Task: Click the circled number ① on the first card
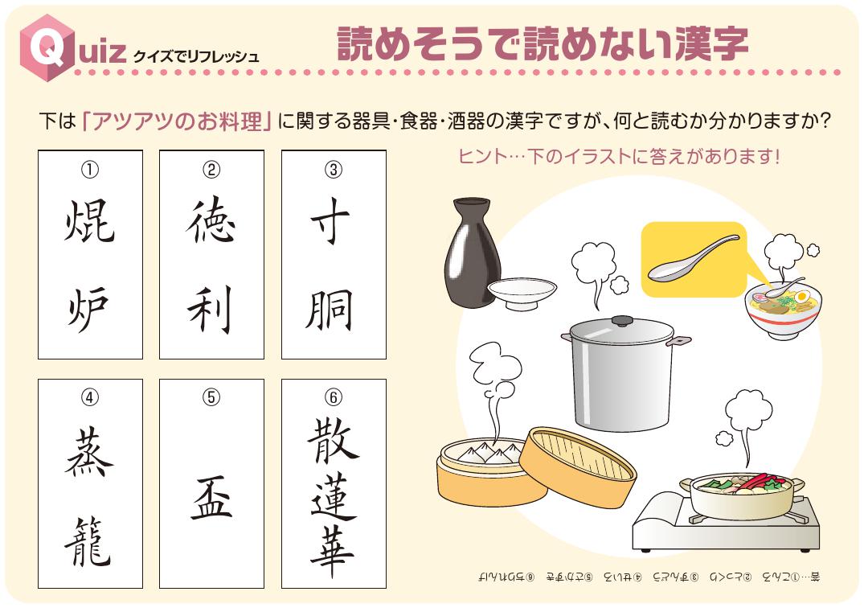(90, 169)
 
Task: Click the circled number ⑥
(334, 398)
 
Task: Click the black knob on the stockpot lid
(621, 321)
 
